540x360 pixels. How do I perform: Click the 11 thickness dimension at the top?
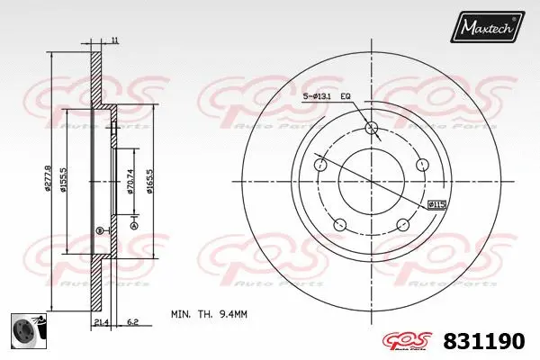click(115, 40)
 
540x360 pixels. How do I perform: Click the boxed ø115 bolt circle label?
click(437, 206)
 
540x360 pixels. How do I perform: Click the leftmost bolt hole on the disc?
click(319, 166)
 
